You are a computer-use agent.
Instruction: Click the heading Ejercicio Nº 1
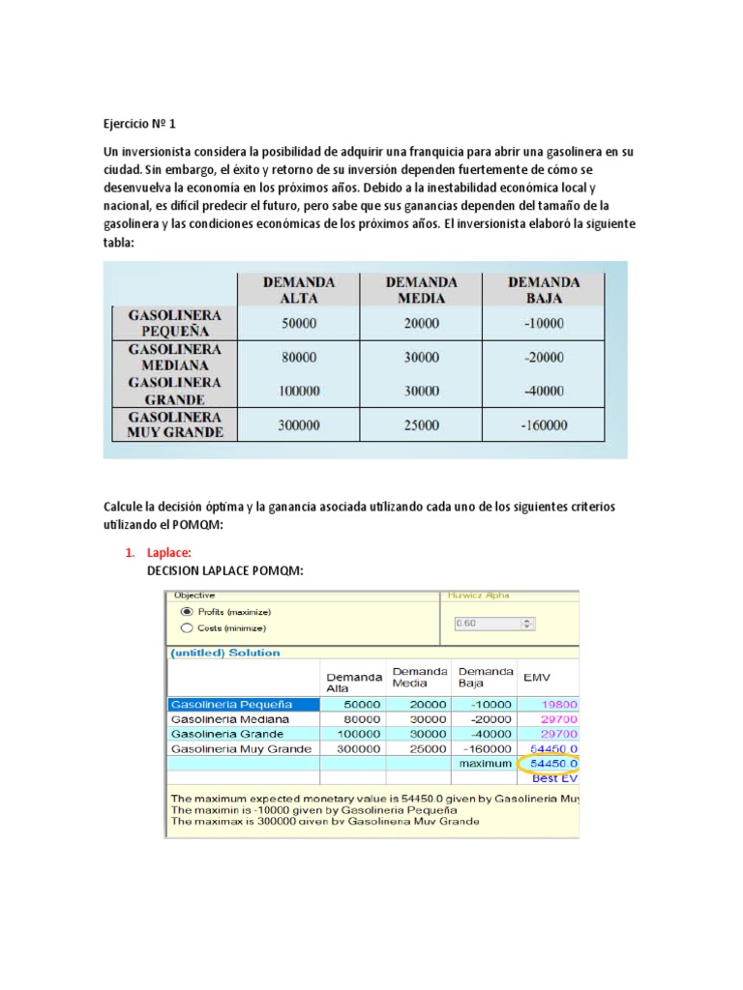(x=140, y=124)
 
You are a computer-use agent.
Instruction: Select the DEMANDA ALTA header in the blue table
(x=299, y=290)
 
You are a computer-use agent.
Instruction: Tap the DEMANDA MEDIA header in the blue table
(x=421, y=290)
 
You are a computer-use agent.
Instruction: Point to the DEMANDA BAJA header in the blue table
(x=544, y=290)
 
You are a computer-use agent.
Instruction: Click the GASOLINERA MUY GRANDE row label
(x=175, y=424)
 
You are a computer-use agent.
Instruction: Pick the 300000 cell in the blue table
(x=299, y=424)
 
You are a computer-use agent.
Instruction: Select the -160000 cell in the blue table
(x=544, y=424)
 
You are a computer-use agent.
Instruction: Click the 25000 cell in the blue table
(x=421, y=424)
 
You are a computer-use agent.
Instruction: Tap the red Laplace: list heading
(x=169, y=553)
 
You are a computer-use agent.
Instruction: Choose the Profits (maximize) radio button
(x=186, y=612)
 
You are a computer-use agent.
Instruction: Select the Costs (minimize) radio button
(x=186, y=628)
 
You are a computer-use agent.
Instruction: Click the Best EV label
(x=555, y=777)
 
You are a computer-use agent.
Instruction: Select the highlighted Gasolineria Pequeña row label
(x=231, y=704)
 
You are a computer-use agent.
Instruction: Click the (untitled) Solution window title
(x=225, y=653)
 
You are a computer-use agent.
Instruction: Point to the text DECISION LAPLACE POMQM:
(x=224, y=571)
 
